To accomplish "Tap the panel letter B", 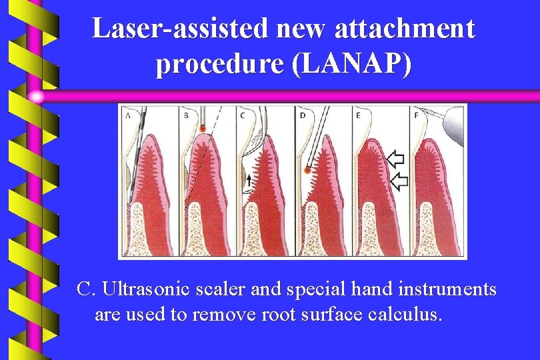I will pos(185,115).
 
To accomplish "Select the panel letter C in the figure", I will pos(243,115).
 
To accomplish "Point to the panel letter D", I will pos(302,115).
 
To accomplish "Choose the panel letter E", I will pos(359,115).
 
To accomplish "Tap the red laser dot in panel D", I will pos(307,171).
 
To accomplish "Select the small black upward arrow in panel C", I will pos(248,179).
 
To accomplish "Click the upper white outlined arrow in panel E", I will pos(396,159).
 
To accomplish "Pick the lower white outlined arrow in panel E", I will pos(398,181).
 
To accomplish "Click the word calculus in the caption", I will pos(405,314).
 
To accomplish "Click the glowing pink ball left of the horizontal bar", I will pos(37,97).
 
